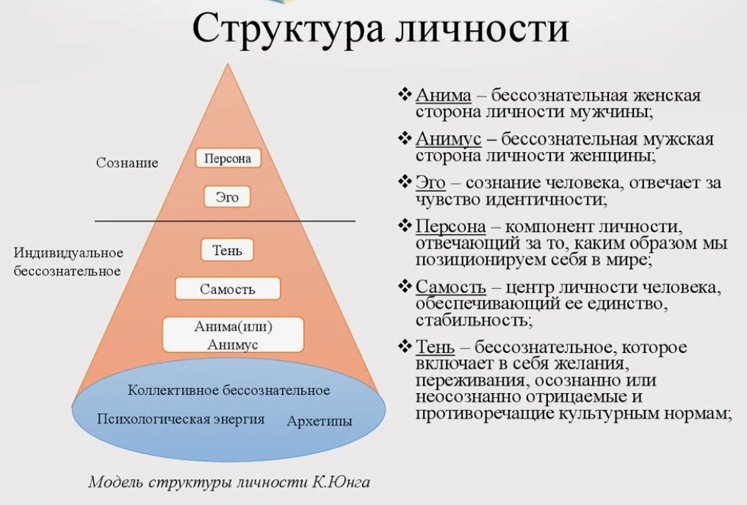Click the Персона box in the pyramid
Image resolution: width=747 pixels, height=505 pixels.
pos(228,158)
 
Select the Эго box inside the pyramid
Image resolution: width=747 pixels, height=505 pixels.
pos(227,196)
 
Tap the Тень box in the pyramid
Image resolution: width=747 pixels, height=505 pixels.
pos(227,250)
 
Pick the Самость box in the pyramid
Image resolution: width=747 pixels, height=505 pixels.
pos(228,288)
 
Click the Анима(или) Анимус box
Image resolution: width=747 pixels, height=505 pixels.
pos(233,334)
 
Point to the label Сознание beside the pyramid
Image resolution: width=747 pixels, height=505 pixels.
pos(127,162)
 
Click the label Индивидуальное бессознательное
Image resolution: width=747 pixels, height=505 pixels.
pos(68,262)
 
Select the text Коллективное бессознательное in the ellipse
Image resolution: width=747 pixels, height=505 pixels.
pos(228,390)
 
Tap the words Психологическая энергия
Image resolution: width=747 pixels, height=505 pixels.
pos(181,419)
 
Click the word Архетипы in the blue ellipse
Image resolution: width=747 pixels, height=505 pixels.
pos(320,421)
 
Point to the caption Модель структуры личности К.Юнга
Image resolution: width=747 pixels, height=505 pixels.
pos(228,481)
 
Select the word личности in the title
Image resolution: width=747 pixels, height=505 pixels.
pos(482,29)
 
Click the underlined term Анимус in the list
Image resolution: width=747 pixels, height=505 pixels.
pos(448,139)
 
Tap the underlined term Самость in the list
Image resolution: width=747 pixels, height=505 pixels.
pos(451,287)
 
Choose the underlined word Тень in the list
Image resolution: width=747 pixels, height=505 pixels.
pos(435,347)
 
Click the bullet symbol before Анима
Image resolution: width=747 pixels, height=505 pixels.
pos(405,94)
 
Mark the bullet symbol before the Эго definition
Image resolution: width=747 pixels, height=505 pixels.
pos(405,182)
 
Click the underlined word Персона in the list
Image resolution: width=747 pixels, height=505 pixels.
pos(451,226)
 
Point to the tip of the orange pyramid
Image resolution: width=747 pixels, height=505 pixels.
pos(228,63)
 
